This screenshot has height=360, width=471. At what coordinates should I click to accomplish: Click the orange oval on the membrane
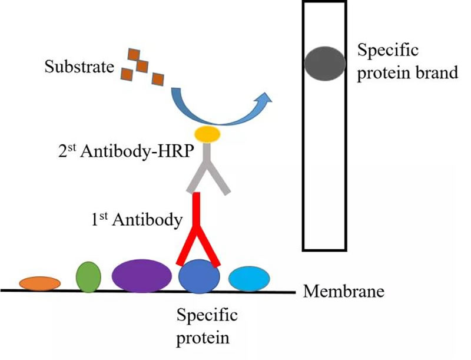point(39,283)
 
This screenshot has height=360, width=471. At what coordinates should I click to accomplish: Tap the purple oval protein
point(141,276)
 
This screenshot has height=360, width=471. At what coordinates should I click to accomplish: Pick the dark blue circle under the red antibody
point(199,278)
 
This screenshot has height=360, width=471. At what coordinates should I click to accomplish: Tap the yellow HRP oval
point(208,135)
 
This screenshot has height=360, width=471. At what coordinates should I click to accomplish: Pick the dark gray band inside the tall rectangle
point(326,63)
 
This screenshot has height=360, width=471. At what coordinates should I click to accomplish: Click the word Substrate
point(79,67)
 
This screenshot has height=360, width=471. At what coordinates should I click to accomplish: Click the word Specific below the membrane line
point(207,315)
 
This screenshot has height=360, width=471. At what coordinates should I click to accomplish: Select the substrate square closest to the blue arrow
point(157,78)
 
